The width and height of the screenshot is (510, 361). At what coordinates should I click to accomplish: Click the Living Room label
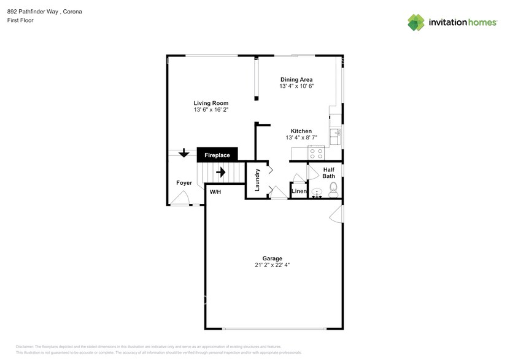coord(211,103)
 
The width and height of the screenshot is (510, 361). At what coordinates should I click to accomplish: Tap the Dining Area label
coord(296,80)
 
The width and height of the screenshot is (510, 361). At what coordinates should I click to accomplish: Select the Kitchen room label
coord(301,131)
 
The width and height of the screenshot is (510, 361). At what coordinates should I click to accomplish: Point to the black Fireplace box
coord(217,155)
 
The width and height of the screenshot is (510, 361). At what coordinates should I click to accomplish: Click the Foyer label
coord(184,183)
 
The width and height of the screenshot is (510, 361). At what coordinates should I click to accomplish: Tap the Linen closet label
coord(298,192)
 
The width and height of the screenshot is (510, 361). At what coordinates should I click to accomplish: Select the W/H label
coord(215,192)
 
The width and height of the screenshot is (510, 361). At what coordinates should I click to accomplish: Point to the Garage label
coord(272,258)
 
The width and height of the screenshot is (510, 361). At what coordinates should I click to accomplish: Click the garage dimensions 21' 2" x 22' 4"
coord(272,265)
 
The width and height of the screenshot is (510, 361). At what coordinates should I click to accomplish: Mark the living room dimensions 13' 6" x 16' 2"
coord(211,110)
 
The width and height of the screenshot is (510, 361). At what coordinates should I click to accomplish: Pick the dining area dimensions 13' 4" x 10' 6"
coord(296,87)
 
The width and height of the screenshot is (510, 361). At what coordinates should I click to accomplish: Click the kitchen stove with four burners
coord(316,153)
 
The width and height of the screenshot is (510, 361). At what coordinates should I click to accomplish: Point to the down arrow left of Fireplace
coord(183,153)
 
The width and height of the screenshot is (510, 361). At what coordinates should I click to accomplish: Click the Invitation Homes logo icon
coord(417,22)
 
